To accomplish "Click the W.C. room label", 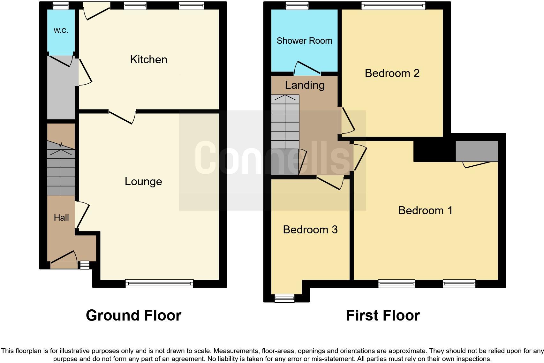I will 61,31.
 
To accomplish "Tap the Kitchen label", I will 148,59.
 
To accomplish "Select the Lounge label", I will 143,181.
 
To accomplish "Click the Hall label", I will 61,218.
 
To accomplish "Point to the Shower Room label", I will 304,41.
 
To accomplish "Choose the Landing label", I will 305,85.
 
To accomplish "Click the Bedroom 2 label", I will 392,73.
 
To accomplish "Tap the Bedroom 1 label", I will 425,210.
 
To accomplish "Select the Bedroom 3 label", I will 310,230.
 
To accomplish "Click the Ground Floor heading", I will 133,315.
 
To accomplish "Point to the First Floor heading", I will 383,315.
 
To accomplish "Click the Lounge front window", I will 159,283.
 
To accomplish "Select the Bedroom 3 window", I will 284,298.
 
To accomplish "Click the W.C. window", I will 61,5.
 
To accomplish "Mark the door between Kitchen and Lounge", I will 122,117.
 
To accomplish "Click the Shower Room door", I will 307,68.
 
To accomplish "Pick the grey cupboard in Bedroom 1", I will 477,151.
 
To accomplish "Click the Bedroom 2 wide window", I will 393,5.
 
